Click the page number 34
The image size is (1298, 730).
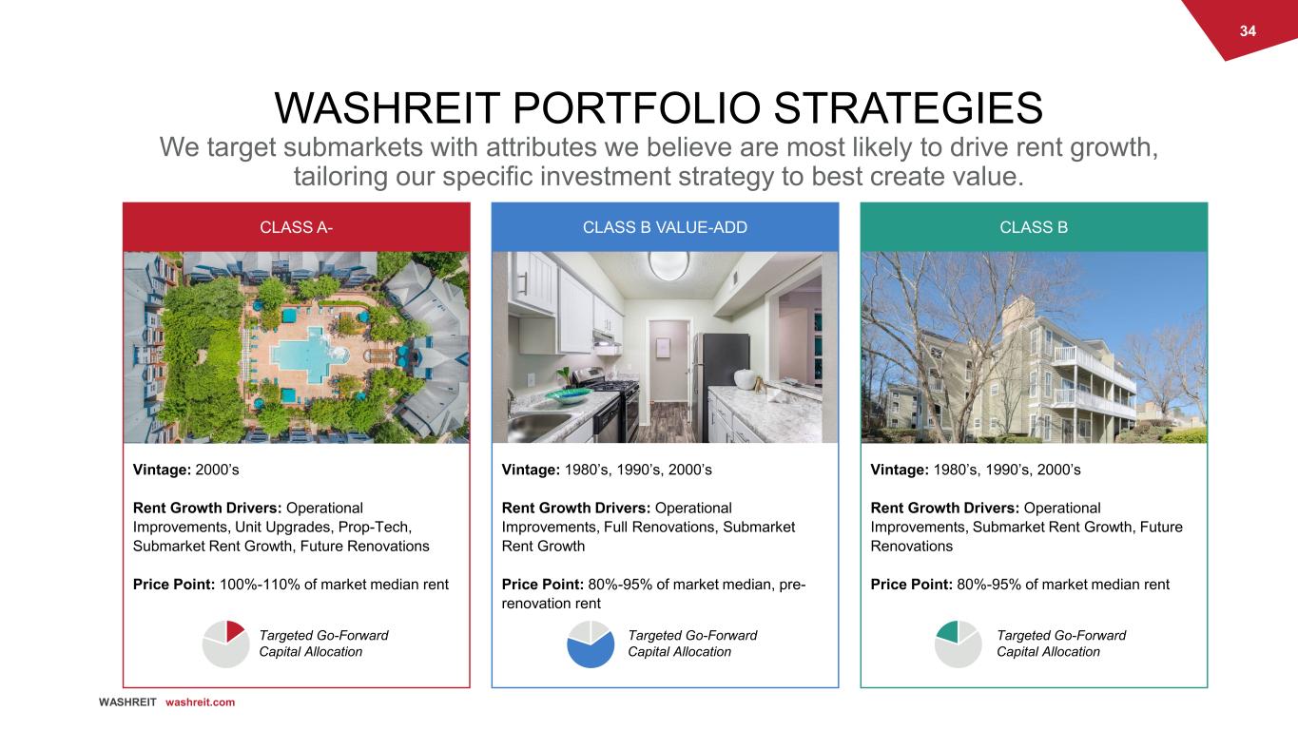click(1248, 31)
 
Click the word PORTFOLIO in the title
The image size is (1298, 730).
click(636, 108)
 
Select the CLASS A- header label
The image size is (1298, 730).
click(296, 227)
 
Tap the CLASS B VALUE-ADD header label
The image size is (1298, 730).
click(665, 227)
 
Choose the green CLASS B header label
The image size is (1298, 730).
click(1034, 227)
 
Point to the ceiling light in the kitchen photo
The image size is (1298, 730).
click(668, 265)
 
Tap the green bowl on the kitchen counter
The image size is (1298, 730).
click(568, 395)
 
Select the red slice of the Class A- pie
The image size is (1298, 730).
click(234, 630)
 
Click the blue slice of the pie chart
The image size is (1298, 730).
click(591, 650)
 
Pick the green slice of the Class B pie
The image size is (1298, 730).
click(949, 632)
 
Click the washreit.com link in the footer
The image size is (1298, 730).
click(200, 702)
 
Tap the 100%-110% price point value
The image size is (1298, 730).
click(259, 584)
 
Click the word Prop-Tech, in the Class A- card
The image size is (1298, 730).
click(375, 527)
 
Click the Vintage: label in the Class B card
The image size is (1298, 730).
click(900, 470)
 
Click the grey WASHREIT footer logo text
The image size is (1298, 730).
click(127, 702)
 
